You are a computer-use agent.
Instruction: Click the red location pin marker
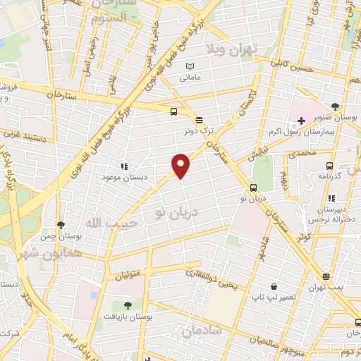tap(180, 165)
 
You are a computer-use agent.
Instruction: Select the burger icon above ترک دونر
tap(200, 120)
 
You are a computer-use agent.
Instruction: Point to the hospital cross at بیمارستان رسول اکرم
tap(302, 121)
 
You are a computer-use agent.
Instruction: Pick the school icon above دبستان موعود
tap(124, 167)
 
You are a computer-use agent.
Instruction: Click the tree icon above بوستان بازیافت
tap(128, 306)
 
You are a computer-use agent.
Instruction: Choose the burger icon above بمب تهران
tap(325, 277)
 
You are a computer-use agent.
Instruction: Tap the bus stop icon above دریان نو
tap(253, 188)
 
